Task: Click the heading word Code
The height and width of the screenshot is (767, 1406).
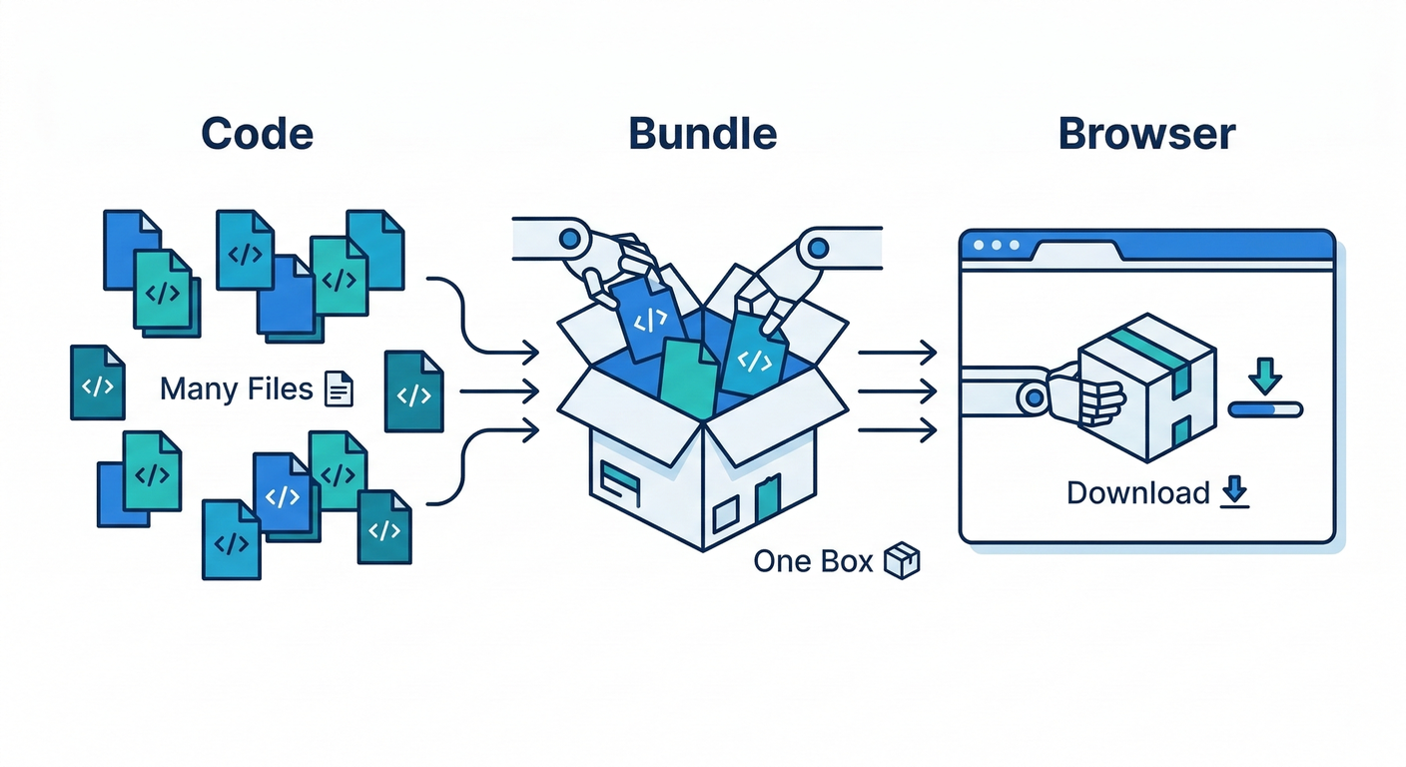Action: pos(258,134)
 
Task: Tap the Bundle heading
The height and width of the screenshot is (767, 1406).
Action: pos(702,134)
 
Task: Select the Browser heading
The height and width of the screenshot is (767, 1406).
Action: pos(1146,134)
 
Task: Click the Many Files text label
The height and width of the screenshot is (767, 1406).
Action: pos(237,388)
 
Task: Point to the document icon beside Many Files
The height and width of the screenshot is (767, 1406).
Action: pos(340,388)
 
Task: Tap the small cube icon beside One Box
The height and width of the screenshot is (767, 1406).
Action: pos(902,561)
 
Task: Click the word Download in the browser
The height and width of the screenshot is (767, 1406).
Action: pos(1137,493)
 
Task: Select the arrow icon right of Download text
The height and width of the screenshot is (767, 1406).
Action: pos(1235,492)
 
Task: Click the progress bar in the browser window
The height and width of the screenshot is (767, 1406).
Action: pos(1265,408)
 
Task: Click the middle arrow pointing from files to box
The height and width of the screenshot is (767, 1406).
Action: pos(499,390)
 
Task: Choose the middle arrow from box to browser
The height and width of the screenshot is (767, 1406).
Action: pos(897,390)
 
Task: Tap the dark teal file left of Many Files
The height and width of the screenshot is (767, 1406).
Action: pos(97,383)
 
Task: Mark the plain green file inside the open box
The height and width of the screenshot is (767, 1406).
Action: pos(690,378)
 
